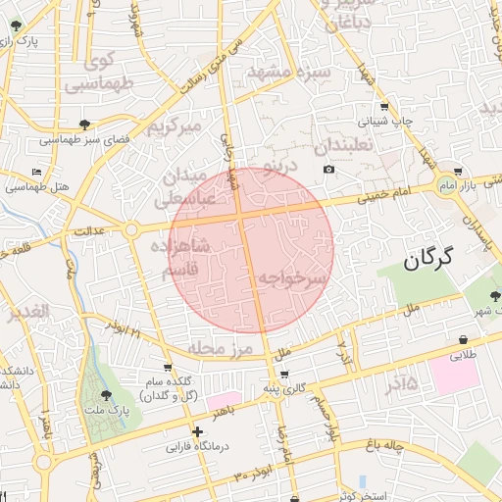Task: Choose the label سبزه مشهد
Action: point(283,74)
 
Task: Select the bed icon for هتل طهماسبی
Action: point(37,173)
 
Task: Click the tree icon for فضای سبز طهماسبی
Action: point(85,125)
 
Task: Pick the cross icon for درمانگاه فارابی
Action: point(197,431)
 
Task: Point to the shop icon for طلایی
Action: point(461,341)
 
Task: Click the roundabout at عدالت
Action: point(130,230)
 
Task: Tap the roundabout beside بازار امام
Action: point(446,185)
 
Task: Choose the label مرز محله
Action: point(222,349)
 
